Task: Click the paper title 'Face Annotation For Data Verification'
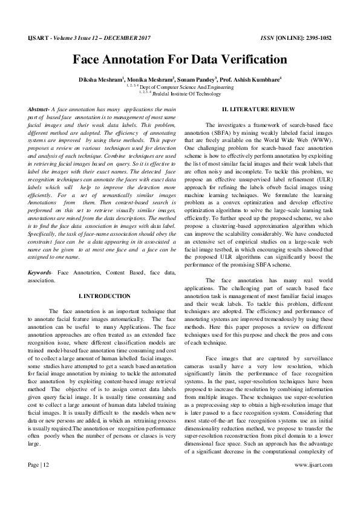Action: (180, 60)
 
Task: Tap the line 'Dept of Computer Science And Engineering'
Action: (182, 87)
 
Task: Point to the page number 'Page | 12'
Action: (39, 483)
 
